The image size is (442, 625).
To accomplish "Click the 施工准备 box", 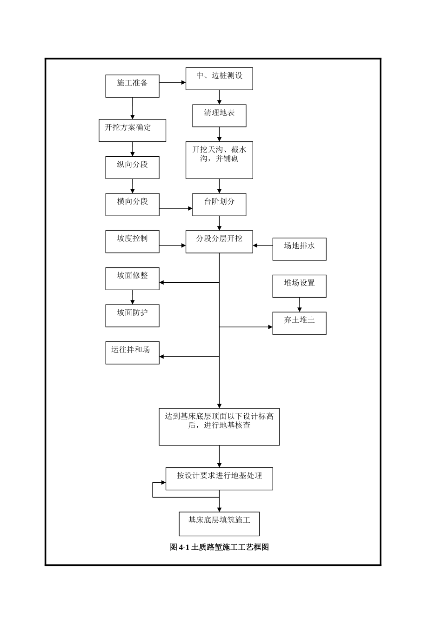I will pos(132,86).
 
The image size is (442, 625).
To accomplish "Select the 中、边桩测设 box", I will pos(219,79).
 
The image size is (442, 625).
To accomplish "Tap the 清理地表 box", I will pos(219,116).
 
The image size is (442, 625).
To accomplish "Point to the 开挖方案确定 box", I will pos(132,130).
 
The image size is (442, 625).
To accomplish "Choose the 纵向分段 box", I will pos(132,167).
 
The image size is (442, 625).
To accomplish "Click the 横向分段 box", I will pos(132,205).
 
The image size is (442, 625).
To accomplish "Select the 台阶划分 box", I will pos(219,205).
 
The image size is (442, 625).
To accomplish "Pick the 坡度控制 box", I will pos(132,242).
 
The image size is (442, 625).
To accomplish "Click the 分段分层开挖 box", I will pos(219,242).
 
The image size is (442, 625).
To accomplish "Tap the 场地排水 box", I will pos(299,249).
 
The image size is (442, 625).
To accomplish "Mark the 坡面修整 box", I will pos(132,279).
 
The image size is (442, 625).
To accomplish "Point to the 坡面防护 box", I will pos(132,316).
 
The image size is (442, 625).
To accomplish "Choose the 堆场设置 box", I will pos(299,286).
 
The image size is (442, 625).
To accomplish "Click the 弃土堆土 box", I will pos(299,323).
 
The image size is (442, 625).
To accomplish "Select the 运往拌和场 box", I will pos(132,353).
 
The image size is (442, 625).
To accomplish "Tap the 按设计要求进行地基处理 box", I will pos(219,479).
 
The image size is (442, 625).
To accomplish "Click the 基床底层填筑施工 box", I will pos(219,524).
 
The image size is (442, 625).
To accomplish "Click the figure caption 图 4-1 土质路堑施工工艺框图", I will pos(219,547).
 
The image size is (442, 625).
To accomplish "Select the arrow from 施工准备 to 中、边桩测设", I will pos(172,82).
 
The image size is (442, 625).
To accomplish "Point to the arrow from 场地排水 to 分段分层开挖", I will pos(263,245).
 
